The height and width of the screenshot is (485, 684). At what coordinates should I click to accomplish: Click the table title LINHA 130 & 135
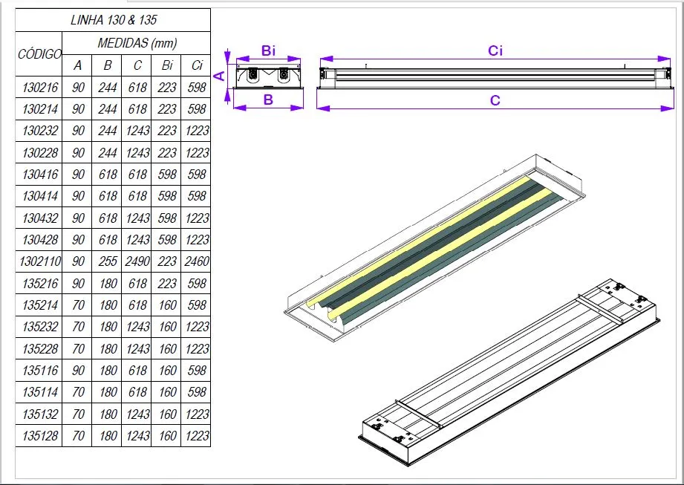pos(114,20)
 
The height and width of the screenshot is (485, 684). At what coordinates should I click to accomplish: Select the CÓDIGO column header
pos(39,54)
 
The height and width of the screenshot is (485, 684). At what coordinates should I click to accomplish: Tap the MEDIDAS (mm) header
pos(137,43)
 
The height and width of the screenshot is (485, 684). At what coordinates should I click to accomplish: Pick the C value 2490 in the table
pos(137,262)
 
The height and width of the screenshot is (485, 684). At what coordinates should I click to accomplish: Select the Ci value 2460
pos(197,262)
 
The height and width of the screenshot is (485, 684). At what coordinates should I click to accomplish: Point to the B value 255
pos(108,262)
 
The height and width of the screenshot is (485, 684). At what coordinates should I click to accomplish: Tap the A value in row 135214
pos(78,305)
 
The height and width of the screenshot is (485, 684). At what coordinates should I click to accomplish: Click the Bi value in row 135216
pos(167,283)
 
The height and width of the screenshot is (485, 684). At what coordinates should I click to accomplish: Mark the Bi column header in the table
pos(167,65)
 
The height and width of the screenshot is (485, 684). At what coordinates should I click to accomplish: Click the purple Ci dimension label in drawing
pos(495,51)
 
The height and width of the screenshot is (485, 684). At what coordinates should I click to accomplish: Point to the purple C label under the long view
pos(495,100)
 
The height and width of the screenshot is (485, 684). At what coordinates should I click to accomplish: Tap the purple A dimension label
pos(220,75)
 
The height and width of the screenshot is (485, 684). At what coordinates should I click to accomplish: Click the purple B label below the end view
pos(269,100)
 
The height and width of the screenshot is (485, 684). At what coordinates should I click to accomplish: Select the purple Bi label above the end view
pos(269,51)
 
